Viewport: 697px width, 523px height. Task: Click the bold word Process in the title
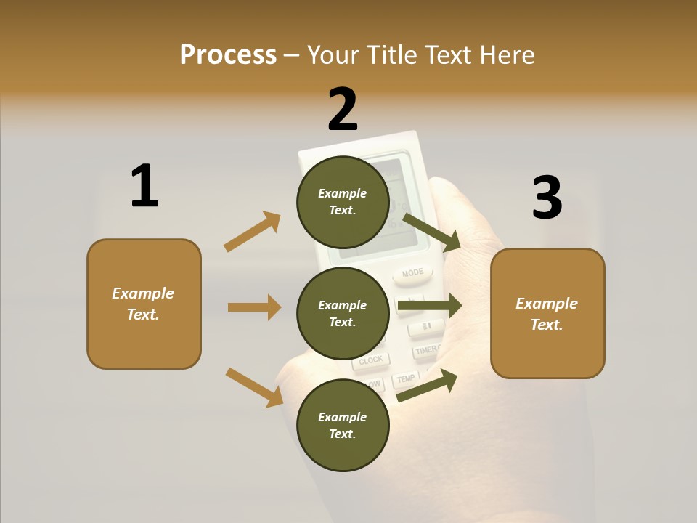point(228,54)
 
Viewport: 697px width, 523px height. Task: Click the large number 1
point(144,186)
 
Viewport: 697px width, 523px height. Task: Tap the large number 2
point(343,109)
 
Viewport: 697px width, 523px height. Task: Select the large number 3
point(547,198)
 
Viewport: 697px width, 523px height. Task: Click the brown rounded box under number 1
point(144,304)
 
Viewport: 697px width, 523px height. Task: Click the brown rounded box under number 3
point(547,313)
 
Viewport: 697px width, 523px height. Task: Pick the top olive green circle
point(343,202)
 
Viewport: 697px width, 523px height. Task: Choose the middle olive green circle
point(343,313)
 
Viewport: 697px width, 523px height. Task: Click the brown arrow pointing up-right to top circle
point(253,232)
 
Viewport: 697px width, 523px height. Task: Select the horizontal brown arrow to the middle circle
point(254,307)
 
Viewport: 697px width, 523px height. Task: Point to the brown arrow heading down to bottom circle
point(254,386)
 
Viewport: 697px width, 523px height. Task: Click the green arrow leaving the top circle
point(432,232)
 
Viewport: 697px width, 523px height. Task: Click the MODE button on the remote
point(412,273)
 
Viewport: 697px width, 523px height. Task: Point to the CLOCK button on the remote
point(371,360)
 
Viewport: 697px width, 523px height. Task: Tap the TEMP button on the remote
point(406,378)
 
